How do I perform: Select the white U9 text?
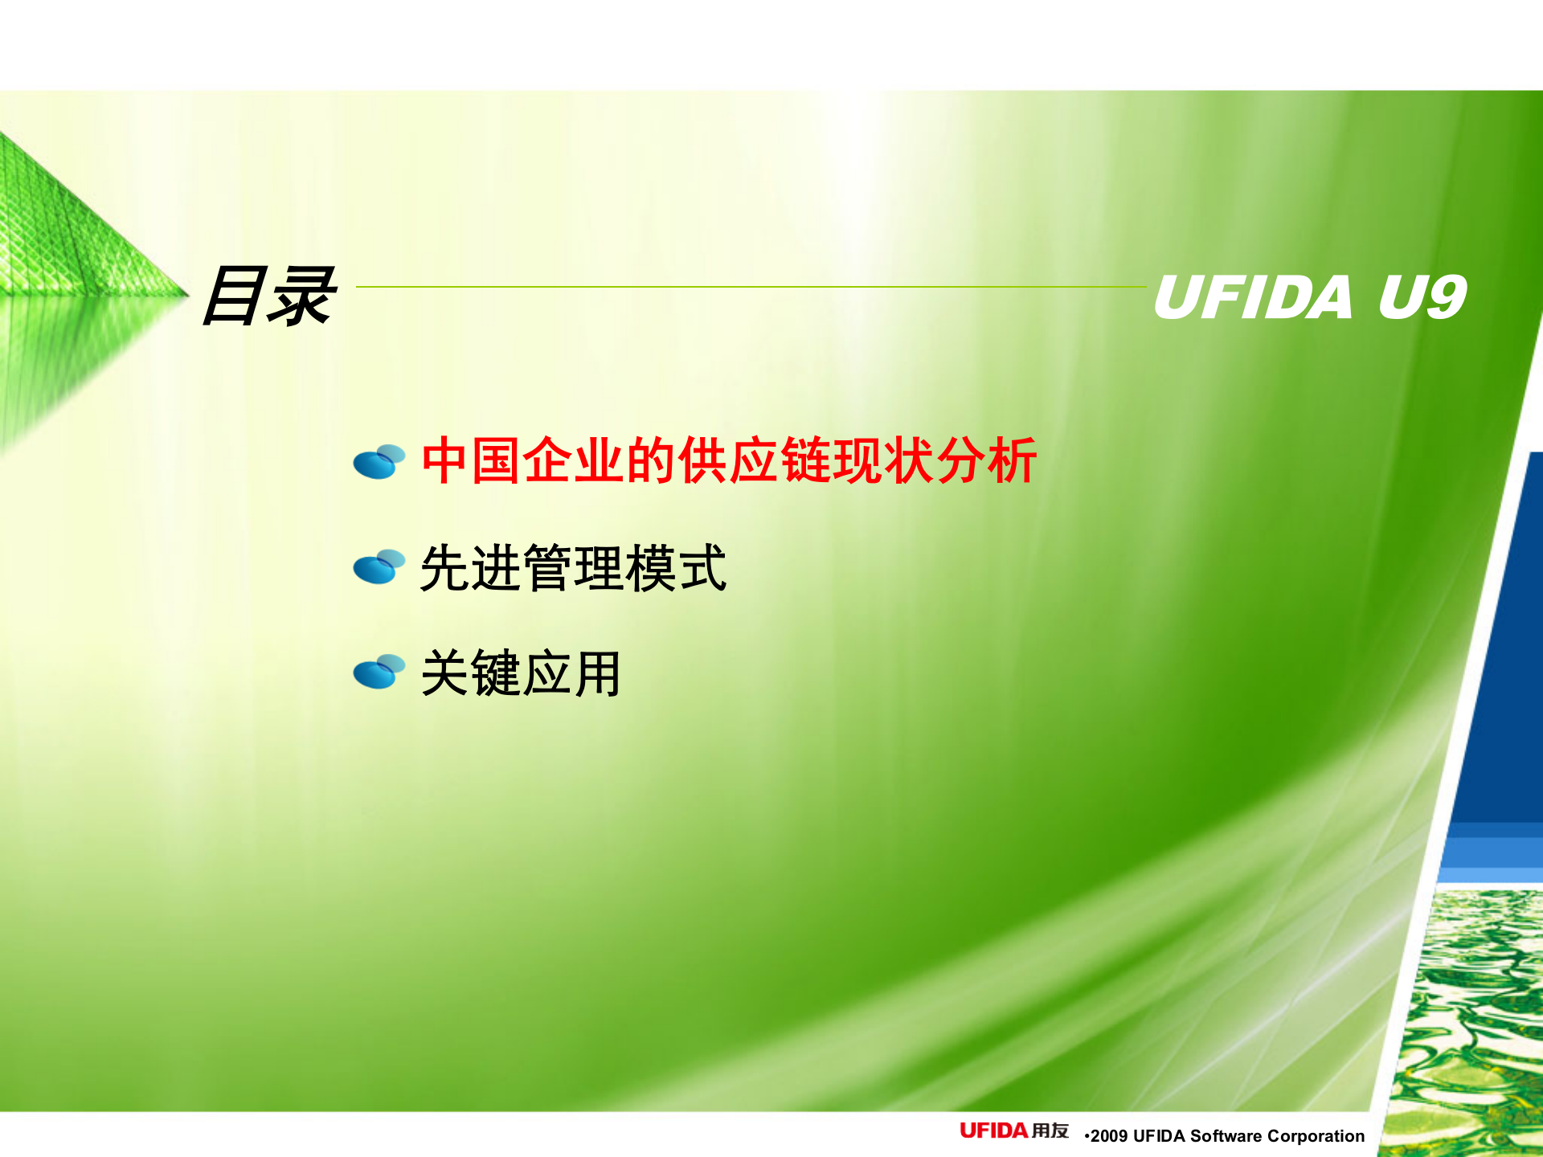click(x=1422, y=296)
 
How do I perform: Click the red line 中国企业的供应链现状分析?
click(x=728, y=461)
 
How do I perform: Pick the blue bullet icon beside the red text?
click(x=379, y=462)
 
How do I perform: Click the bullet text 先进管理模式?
click(x=573, y=568)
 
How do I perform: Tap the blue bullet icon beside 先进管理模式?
click(x=379, y=567)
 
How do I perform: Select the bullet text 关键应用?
click(x=521, y=673)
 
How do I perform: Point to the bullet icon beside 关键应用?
click(x=379, y=673)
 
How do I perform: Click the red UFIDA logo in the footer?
click(x=993, y=1131)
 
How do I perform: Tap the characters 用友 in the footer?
click(x=1050, y=1131)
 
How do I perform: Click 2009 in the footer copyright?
click(x=1109, y=1136)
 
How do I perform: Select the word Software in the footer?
click(x=1226, y=1136)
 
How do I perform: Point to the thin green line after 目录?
click(x=747, y=286)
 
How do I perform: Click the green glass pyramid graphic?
click(x=72, y=241)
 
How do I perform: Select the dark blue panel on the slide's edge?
click(x=1503, y=643)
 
